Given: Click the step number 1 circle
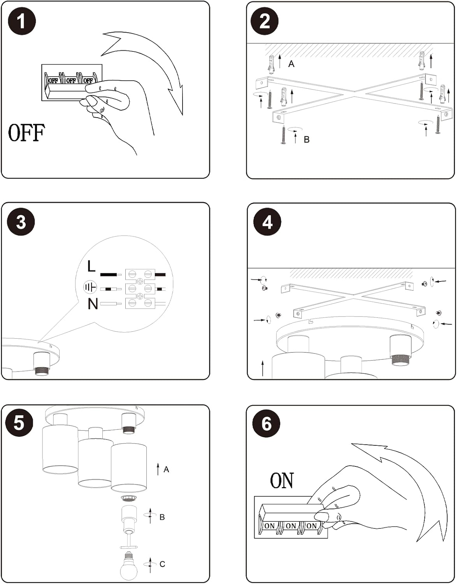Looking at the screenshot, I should point(22,21).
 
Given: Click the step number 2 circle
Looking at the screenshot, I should point(264,21).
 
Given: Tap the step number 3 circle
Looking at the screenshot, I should point(21,222).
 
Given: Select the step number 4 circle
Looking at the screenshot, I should point(267,222).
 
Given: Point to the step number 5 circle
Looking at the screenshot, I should point(19,423).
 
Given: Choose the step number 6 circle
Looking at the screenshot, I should point(266,423).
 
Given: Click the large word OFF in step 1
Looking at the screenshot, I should point(26,133).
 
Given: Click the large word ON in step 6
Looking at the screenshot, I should point(282,481).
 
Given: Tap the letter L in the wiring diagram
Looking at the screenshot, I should point(91,267).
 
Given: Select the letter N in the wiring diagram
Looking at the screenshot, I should point(93,304).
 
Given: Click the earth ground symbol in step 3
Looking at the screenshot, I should point(90,288).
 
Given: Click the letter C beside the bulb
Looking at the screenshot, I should point(162,564).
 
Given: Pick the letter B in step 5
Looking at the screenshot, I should point(162,517).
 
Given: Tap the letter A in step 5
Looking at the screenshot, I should point(166,470).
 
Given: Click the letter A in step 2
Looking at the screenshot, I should point(291,64).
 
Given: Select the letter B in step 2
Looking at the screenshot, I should point(307,139).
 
